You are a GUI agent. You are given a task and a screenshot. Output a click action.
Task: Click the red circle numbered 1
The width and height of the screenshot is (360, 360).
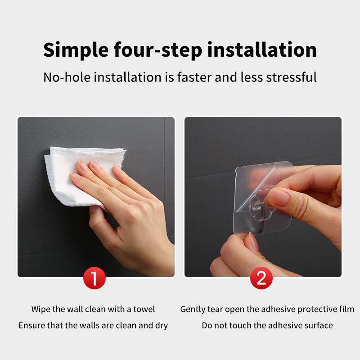(94, 278)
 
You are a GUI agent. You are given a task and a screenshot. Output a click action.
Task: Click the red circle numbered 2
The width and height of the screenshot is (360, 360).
(261, 278)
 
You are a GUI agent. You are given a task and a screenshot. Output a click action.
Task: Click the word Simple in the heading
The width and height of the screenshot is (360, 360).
(76, 50)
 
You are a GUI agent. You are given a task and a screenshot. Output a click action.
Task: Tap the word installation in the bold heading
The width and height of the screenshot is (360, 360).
(262, 49)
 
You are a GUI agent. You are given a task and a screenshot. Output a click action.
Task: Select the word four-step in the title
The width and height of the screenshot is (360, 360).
(158, 50)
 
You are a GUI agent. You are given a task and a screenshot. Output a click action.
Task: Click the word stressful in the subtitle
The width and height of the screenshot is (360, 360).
(291, 77)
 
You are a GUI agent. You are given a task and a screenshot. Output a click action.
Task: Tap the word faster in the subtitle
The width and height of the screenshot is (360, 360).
(194, 77)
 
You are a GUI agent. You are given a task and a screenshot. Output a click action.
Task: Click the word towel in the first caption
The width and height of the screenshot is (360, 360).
(144, 309)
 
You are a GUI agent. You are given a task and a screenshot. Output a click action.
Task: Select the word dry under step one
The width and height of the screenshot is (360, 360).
(162, 325)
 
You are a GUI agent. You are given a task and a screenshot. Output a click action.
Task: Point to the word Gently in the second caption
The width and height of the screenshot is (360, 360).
(193, 310)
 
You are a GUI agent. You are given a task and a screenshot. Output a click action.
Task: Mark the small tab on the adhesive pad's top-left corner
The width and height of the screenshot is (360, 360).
(238, 170)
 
